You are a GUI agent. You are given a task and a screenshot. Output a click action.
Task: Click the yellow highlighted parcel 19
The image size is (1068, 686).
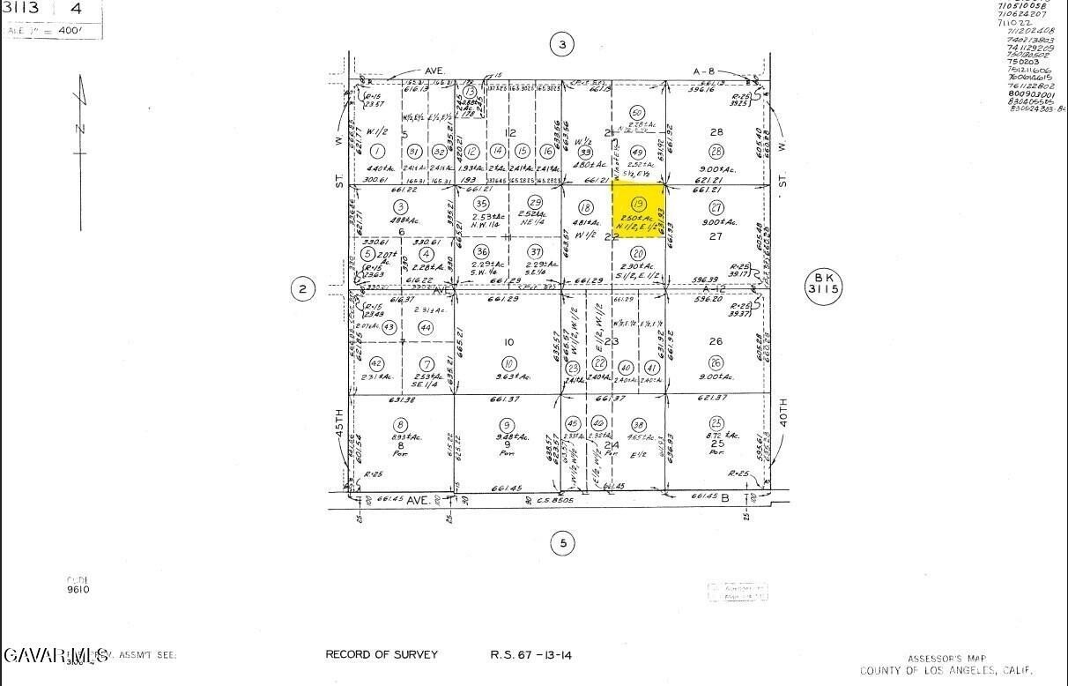pyautogui.click(x=639, y=211)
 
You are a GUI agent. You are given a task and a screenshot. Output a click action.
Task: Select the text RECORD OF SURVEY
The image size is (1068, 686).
pyautogui.click(x=382, y=654)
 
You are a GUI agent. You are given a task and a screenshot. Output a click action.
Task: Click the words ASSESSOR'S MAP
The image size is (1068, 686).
pyautogui.click(x=947, y=658)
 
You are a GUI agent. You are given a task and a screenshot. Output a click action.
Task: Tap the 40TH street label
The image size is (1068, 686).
pyautogui.click(x=782, y=415)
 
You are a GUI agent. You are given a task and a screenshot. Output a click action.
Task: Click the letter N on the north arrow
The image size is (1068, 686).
pyautogui.click(x=79, y=129)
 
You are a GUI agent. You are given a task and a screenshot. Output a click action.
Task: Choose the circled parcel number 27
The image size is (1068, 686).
pyautogui.click(x=716, y=207)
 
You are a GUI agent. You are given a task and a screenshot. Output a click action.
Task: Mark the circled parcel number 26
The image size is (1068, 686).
pyautogui.click(x=716, y=362)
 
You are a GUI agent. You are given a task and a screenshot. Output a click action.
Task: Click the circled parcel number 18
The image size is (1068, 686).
pyautogui.click(x=585, y=207)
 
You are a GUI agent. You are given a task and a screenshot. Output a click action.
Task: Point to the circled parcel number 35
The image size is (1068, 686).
pyautogui.click(x=481, y=203)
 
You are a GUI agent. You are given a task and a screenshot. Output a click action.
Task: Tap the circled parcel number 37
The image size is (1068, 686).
pyautogui.click(x=535, y=251)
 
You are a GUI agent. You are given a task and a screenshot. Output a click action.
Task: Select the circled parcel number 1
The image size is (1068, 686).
pyautogui.click(x=378, y=151)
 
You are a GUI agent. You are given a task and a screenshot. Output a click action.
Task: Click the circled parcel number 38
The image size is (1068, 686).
pyautogui.click(x=639, y=424)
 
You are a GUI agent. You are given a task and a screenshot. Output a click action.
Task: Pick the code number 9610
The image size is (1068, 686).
pyautogui.click(x=78, y=589)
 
